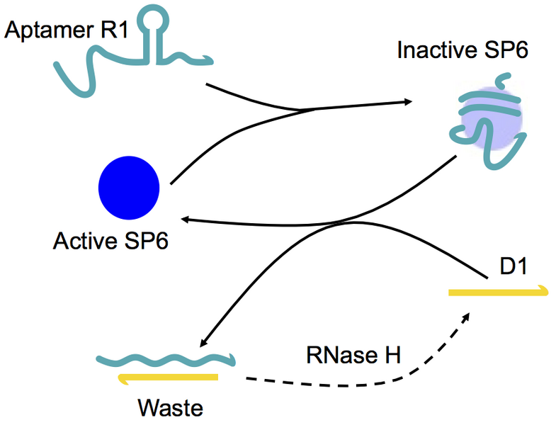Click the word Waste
(x=169, y=408)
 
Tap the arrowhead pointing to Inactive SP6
(x=408, y=103)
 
